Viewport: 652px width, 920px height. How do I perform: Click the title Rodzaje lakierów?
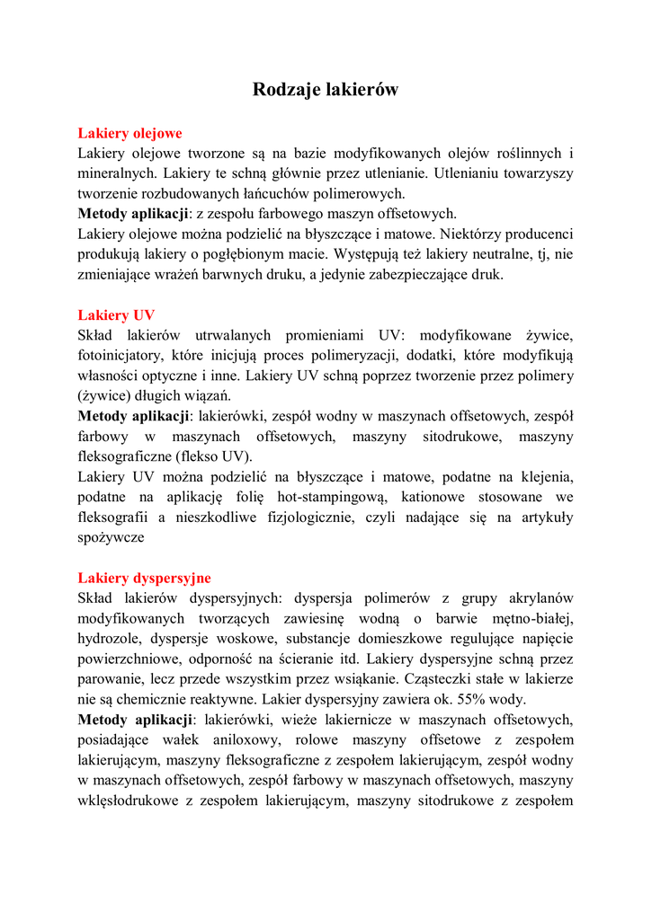click(x=326, y=90)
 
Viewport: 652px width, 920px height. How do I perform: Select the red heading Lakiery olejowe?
click(x=130, y=134)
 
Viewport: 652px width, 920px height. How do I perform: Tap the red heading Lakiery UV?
click(x=116, y=315)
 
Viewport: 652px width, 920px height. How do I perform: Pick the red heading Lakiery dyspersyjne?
click(x=144, y=578)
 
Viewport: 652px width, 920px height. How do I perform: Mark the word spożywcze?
click(x=111, y=537)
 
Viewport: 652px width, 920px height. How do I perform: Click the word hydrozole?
click(x=108, y=639)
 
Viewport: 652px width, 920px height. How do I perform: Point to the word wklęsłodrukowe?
click(x=127, y=800)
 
